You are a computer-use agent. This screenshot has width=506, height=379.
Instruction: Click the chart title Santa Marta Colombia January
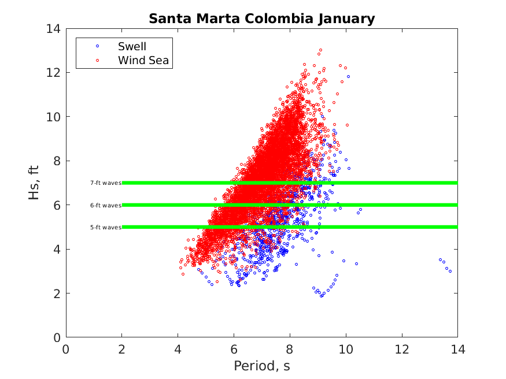[x=261, y=18]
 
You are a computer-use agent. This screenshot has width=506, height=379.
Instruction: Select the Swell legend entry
[x=132, y=46]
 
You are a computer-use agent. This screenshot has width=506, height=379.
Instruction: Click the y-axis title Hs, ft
[x=35, y=183]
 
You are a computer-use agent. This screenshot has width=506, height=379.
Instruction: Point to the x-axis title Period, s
[x=261, y=366]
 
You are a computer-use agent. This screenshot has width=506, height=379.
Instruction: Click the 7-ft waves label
[x=105, y=183]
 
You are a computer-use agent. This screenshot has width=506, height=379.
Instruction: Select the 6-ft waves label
[x=105, y=205]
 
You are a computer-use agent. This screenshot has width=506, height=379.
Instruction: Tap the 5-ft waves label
[x=105, y=227]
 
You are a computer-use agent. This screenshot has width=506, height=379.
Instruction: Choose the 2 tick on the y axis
[x=57, y=293]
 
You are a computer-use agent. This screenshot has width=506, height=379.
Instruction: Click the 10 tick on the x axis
[x=346, y=349]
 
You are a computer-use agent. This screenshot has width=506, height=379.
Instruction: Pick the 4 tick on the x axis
[x=178, y=349]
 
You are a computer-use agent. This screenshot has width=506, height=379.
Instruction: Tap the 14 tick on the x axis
[x=457, y=349]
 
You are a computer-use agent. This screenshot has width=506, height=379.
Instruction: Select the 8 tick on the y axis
[x=57, y=161]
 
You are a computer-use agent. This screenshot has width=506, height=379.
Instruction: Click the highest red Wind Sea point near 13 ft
[x=320, y=50]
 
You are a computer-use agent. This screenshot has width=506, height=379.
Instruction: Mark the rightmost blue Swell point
[x=450, y=271]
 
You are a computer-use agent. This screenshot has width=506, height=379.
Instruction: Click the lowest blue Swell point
[x=322, y=296]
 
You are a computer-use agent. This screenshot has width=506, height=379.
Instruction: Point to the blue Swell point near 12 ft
[x=348, y=76]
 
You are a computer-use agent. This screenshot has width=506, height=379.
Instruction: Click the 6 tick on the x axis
[x=234, y=349]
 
